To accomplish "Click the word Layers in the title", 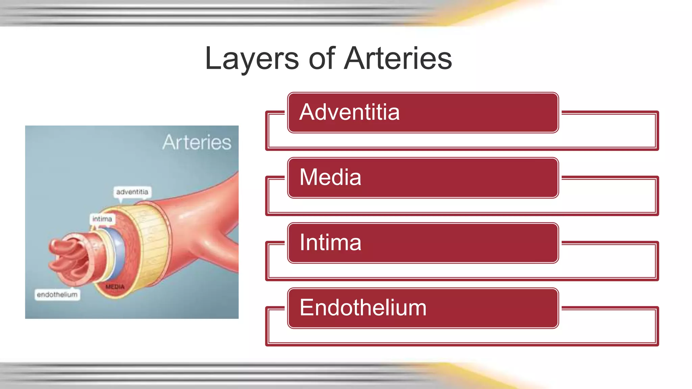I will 252,59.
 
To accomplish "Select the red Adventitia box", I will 422,112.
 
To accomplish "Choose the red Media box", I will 422,178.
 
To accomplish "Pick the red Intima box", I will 422,243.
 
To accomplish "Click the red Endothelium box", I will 422,308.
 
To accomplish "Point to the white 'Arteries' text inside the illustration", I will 197,142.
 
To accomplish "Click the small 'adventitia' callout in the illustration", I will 132,192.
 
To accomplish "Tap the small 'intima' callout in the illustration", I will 102,219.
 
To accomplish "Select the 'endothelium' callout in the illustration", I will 57,294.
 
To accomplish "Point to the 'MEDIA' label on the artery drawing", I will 115,287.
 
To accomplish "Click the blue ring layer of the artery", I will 118,250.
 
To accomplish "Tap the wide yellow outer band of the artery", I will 154,243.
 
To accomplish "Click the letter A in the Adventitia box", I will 307,112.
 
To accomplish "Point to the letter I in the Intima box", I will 302,242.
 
